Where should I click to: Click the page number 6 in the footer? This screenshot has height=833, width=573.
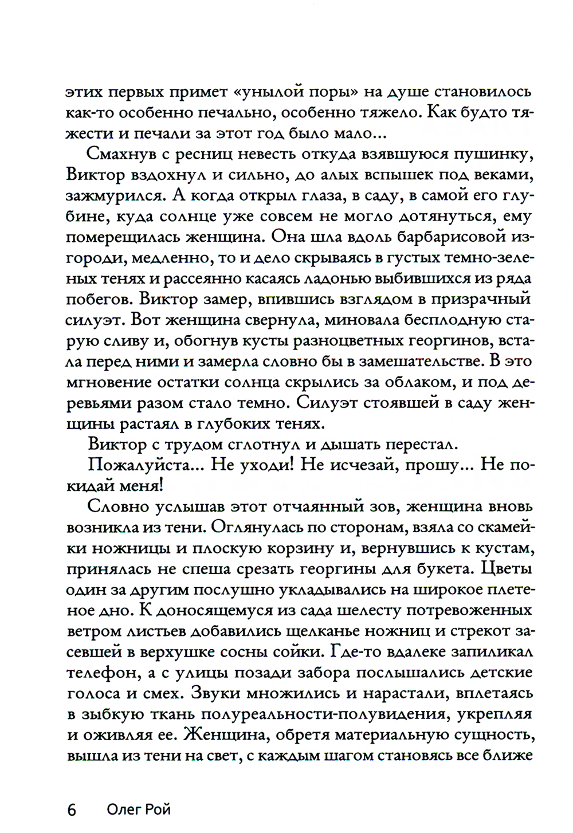click(72, 810)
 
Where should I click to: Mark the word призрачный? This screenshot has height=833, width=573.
click(482, 300)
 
